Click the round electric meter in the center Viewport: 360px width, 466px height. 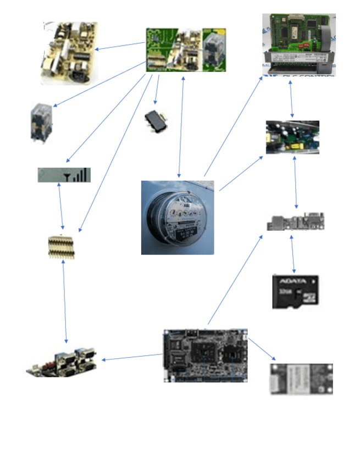[x=177, y=218]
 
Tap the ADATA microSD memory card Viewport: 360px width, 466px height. [x=295, y=291]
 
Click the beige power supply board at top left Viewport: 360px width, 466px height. [x=69, y=52]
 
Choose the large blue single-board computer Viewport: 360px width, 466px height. [x=206, y=356]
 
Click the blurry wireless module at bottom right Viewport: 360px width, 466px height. [x=301, y=378]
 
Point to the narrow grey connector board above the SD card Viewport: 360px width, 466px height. [x=296, y=223]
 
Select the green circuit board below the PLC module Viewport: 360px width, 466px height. [x=292, y=137]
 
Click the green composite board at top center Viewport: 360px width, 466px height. [x=186, y=50]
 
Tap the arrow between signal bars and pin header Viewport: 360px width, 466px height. [x=60, y=206]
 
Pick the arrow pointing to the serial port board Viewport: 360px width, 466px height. [x=132, y=358]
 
